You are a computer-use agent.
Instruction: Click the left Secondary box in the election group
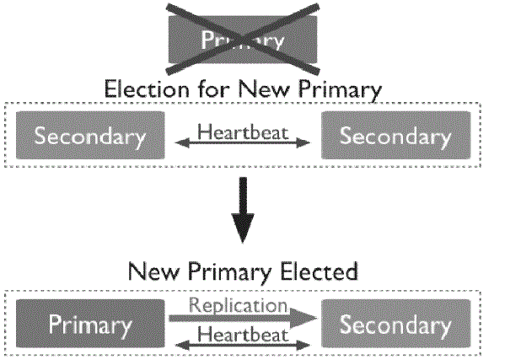[89, 136]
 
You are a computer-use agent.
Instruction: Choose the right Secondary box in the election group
[395, 136]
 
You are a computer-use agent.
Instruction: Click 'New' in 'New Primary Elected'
[150, 271]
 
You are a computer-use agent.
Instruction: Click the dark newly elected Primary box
[89, 324]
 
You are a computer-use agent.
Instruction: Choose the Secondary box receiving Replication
[395, 324]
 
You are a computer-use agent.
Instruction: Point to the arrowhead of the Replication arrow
[304, 319]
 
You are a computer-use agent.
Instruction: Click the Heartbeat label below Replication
[242, 334]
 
